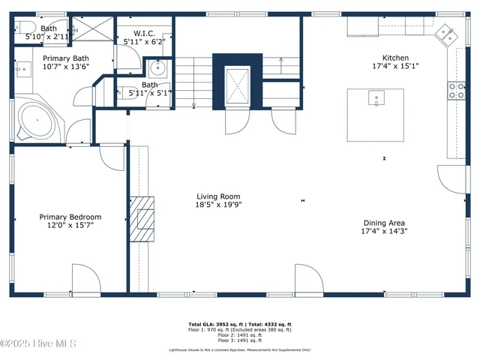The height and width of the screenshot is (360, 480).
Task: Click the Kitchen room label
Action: pyautogui.click(x=395, y=58)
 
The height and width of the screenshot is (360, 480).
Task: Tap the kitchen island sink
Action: pyautogui.click(x=376, y=97)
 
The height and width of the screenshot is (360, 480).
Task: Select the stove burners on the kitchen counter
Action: pyautogui.click(x=454, y=91)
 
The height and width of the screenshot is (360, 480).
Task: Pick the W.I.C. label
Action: pyautogui.click(x=144, y=33)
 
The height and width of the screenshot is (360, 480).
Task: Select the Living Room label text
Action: pyautogui.click(x=218, y=196)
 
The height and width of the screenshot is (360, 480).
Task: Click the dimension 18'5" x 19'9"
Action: pyautogui.click(x=218, y=204)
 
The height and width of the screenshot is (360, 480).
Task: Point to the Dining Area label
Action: pyautogui.click(x=384, y=223)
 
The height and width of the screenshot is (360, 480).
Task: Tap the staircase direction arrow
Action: pyautogui.click(x=281, y=64)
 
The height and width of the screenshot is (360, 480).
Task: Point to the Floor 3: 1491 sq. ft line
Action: pyautogui.click(x=239, y=340)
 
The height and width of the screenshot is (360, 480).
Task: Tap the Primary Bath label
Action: pyautogui.click(x=66, y=58)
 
